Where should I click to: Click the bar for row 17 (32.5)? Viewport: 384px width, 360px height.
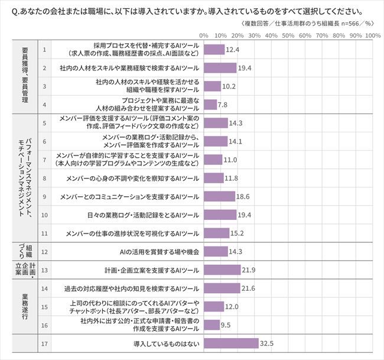click(231, 343)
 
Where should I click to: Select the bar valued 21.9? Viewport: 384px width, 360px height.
click(222, 270)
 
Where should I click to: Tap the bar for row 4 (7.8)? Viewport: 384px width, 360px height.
click(210, 105)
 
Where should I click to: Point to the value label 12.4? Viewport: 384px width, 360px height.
click(233, 50)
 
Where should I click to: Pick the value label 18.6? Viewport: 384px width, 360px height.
click(243, 196)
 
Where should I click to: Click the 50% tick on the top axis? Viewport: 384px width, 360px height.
click(289, 35)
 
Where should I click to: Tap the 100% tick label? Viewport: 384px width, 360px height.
click(372, 35)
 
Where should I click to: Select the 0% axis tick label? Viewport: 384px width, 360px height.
click(204, 35)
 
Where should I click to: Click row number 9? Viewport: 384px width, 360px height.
click(45, 196)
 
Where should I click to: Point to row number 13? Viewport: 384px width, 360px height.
click(45, 270)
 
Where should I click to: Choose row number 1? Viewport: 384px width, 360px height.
click(45, 50)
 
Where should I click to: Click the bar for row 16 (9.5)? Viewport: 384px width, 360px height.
click(211, 325)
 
